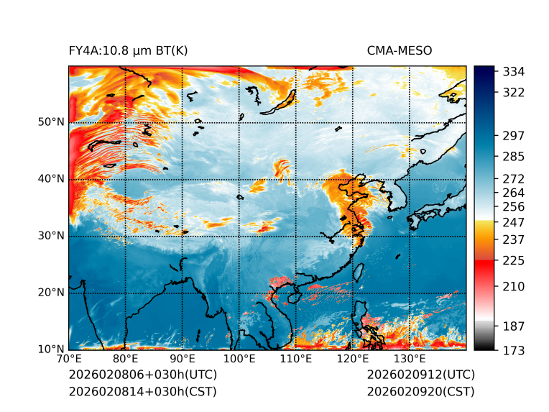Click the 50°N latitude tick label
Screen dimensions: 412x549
pyautogui.click(x=50, y=122)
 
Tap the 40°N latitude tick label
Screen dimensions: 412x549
pyautogui.click(x=50, y=179)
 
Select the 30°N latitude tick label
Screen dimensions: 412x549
pyautogui.click(x=50, y=236)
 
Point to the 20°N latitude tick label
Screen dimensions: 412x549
pyautogui.click(x=50, y=293)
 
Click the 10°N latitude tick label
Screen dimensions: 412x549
pyautogui.click(x=50, y=349)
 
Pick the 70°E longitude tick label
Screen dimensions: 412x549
pyautogui.click(x=69, y=360)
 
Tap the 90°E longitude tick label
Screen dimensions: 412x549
pyautogui.click(x=183, y=360)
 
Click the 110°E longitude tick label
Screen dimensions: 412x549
pyautogui.click(x=296, y=360)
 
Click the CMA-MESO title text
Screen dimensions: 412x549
pyautogui.click(x=400, y=50)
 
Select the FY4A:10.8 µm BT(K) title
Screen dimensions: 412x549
pyautogui.click(x=128, y=50)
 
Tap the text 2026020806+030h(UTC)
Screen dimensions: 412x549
pyautogui.click(x=142, y=375)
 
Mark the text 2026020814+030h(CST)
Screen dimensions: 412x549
pyautogui.click(x=142, y=391)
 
